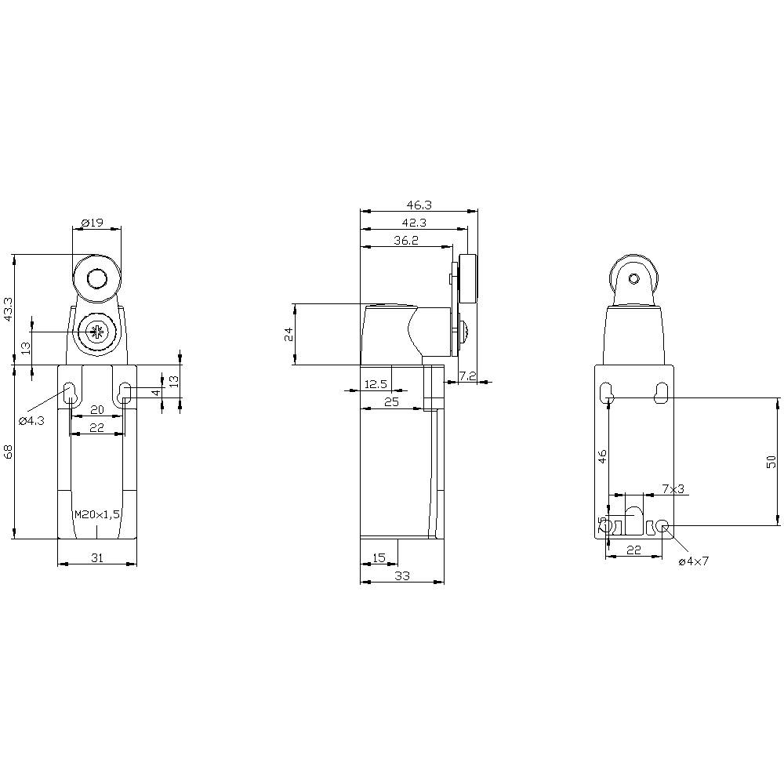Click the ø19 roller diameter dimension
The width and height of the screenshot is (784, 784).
93,222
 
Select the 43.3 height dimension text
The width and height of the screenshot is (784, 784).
9,309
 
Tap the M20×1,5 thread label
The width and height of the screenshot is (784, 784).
96,514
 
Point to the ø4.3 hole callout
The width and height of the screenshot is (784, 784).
31,421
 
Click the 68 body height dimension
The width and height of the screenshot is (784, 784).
9,452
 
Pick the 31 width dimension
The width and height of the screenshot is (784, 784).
96,558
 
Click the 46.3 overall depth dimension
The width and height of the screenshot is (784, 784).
419,205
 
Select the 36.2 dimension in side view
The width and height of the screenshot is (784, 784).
405,241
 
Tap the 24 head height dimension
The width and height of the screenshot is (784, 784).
288,334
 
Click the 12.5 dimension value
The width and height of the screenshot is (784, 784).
376,383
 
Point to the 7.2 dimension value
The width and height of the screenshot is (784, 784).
467,376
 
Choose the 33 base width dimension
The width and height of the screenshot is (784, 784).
401,575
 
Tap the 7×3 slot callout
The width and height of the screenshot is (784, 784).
673,488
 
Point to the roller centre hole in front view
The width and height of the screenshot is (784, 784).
96,278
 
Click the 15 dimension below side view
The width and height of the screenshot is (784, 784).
379,557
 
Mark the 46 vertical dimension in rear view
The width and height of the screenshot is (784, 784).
602,457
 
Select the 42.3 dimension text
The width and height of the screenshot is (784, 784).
413,223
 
